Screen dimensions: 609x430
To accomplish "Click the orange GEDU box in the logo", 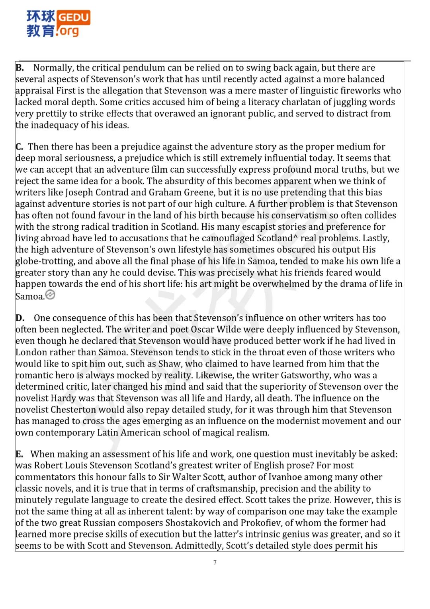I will [x=74, y=18].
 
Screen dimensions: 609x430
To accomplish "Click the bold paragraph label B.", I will [x=20, y=68].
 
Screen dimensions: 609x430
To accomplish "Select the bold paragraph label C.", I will [x=20, y=147].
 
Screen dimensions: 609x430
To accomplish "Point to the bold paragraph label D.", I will [x=20, y=318].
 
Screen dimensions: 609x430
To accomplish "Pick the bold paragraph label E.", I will [x=20, y=454].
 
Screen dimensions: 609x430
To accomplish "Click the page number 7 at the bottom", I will [x=215, y=562].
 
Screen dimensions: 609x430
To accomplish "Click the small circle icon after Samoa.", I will [x=50, y=295].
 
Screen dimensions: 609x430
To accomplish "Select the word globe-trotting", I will [x=45, y=262].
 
